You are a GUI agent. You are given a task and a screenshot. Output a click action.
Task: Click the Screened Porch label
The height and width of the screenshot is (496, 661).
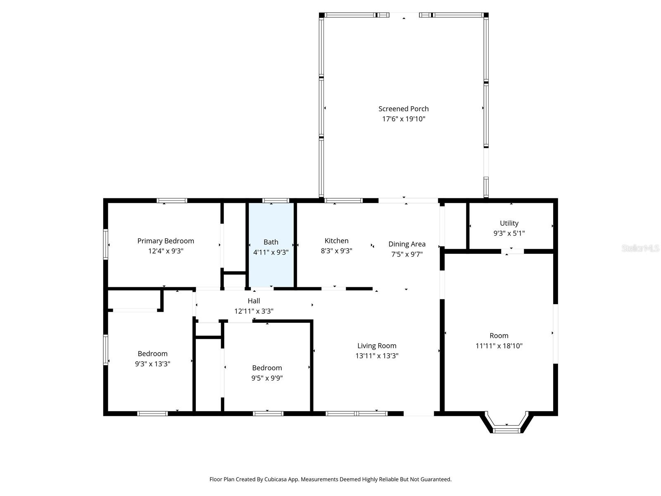[403, 109]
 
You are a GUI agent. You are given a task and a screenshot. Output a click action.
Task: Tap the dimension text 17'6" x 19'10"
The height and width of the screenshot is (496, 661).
[403, 119]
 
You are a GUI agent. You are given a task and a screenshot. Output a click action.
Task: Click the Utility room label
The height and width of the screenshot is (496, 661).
[509, 223]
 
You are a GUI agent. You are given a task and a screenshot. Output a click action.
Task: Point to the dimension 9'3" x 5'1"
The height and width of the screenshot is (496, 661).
[509, 233]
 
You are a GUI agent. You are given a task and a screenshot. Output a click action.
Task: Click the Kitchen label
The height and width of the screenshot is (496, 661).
[336, 241]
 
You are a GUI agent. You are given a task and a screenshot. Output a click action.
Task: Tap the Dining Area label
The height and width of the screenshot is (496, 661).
[407, 244]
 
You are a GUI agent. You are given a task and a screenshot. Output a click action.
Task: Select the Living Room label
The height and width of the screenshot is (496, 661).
[377, 346]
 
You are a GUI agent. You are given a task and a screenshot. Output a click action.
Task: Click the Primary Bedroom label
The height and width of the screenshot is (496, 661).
[166, 241]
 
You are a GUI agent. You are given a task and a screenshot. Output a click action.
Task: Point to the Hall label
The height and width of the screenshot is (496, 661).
[254, 301]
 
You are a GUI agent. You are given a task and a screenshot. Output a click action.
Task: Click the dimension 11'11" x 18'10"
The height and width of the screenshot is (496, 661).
[499, 346]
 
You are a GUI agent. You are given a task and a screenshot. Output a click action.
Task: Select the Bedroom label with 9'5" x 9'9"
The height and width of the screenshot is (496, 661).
[267, 368]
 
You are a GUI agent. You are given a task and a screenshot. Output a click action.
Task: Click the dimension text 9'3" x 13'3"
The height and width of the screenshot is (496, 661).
[152, 364]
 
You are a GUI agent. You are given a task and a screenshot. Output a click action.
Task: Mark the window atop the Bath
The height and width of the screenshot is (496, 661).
[276, 201]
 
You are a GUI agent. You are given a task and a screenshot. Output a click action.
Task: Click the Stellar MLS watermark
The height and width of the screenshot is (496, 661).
[640, 248]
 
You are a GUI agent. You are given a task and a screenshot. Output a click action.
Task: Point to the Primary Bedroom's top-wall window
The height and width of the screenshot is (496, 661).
[172, 201]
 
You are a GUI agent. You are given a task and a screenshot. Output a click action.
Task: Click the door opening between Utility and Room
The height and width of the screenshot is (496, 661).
[512, 251]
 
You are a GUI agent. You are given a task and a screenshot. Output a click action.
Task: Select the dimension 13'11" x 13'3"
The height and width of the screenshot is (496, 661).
[377, 356]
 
